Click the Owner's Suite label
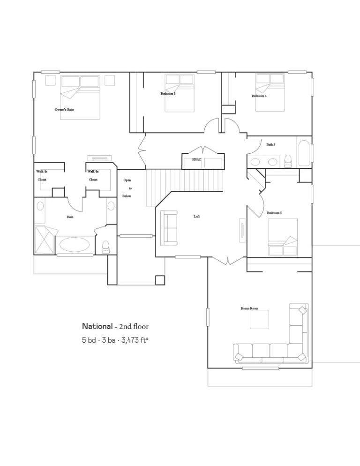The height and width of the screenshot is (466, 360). coord(64,110)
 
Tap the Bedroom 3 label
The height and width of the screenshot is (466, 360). coord(168,94)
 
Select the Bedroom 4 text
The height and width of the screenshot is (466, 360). coord(259,96)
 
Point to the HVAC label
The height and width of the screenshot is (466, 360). coord(196,159)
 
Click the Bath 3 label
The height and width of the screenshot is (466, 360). coord(270,145)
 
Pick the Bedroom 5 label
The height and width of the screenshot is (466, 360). coord(274,213)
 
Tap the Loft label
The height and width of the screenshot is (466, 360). coord(197,217)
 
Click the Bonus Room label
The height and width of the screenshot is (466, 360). coord(249,308)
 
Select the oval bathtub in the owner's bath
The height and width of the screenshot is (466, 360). coord(75,245)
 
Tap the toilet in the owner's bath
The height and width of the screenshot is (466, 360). coord(105,247)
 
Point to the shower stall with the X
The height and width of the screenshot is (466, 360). coord(45,240)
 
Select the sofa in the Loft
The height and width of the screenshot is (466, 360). coord(169,228)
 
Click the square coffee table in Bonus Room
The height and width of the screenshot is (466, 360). coord(259,319)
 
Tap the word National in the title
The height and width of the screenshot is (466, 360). coord(97,326)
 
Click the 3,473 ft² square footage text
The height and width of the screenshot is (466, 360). coord(134,340)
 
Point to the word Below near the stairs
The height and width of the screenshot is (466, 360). coord(127,196)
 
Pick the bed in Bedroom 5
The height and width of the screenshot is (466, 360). coord(283,237)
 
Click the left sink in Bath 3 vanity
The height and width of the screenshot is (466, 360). coord(255,162)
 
